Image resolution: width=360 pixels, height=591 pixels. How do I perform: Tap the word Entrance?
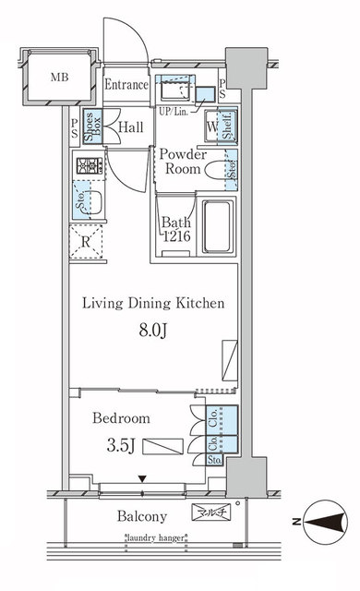tap(126, 85)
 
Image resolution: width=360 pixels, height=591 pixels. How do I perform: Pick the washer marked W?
tap(212, 127)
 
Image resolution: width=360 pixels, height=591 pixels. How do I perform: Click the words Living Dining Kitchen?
tap(153, 302)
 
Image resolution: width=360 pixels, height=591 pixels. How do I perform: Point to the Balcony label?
tap(141, 516)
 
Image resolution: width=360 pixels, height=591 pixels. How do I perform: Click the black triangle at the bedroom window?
tap(141, 477)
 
